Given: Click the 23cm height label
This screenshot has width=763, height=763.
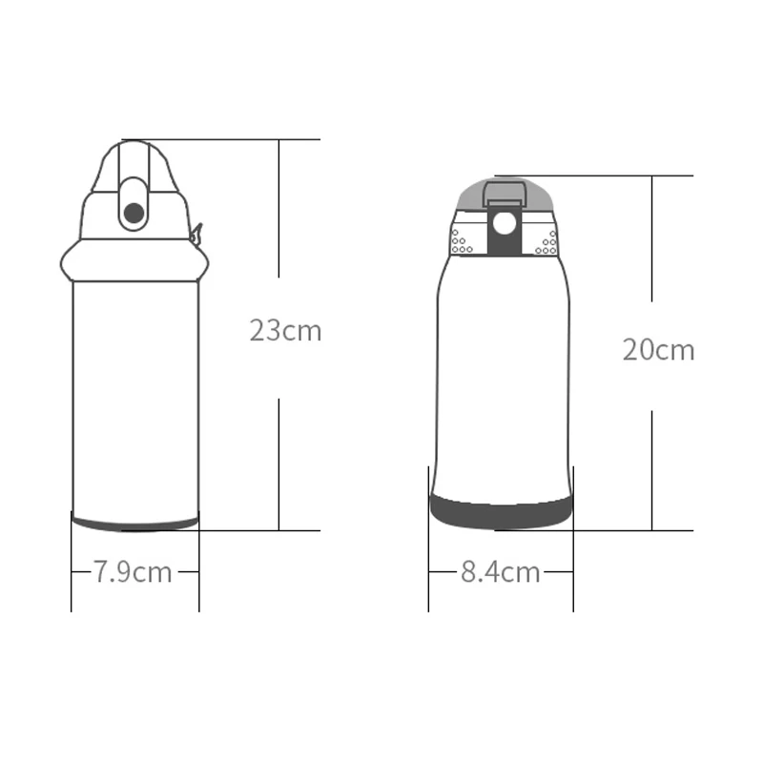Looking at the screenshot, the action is coord(285,331).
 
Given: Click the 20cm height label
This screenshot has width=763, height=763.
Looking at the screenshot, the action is coord(658,350).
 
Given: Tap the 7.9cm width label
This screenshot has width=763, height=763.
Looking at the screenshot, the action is coord(133,571).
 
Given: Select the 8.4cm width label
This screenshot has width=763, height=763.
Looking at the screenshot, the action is coord(500,571).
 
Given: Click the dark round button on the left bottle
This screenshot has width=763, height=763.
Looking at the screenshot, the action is coord(134,213).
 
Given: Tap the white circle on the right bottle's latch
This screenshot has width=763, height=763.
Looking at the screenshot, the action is coord(505,223).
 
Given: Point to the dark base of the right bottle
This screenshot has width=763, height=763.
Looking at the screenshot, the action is coord(502,512).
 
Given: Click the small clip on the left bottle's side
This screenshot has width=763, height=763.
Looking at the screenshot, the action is coord(196,235).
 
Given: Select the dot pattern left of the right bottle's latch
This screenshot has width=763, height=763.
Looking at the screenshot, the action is coord(462,242).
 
